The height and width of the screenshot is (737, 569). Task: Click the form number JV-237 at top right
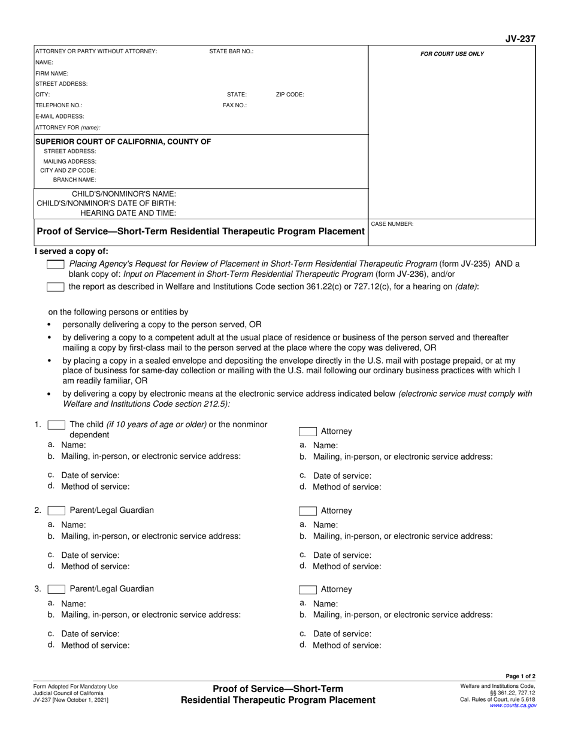(x=520, y=39)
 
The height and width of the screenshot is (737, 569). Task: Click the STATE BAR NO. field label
(x=231, y=52)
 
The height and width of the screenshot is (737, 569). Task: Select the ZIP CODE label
(x=290, y=95)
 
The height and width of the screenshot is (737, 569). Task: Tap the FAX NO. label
(x=235, y=105)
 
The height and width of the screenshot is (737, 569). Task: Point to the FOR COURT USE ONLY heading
(x=452, y=54)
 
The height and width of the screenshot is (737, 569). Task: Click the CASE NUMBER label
(x=392, y=224)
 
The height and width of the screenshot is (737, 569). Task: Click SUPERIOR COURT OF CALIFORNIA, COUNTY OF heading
(x=123, y=141)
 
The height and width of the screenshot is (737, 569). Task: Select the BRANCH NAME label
(x=74, y=180)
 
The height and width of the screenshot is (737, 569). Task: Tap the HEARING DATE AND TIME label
(x=128, y=213)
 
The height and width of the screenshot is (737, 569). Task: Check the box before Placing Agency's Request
(x=56, y=264)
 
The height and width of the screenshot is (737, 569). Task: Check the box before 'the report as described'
(x=56, y=287)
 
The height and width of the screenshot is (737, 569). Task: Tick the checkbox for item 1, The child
(x=56, y=425)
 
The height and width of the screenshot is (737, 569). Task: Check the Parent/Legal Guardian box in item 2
(x=56, y=511)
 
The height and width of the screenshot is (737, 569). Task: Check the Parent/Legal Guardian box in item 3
(x=56, y=589)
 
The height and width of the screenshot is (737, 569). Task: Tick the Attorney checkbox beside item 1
(x=308, y=431)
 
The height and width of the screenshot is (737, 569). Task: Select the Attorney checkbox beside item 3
(x=308, y=590)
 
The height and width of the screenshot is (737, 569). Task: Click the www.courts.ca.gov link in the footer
(x=513, y=706)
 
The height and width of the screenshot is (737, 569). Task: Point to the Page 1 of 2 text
(x=520, y=676)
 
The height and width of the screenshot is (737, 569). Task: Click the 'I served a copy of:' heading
(x=71, y=252)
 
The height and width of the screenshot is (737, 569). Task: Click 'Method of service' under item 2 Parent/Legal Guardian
(x=95, y=566)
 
